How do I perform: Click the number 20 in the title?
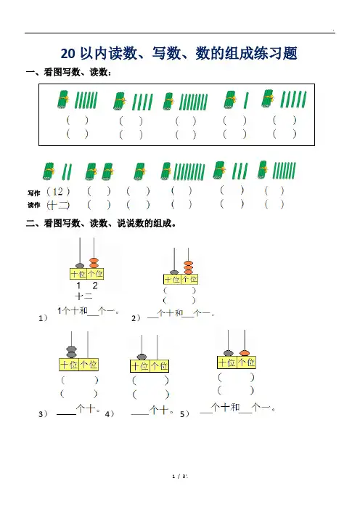click(x=67, y=54)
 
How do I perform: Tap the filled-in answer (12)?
click(x=58, y=192)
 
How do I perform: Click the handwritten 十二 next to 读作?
click(x=58, y=205)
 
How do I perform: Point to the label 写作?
click(x=34, y=193)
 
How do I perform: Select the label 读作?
click(x=34, y=205)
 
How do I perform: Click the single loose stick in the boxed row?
click(x=246, y=100)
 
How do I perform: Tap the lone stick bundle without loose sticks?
click(x=140, y=171)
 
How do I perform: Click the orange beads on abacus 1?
click(x=94, y=263)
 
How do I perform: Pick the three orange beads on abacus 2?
click(x=188, y=267)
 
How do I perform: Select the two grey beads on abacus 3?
click(x=71, y=352)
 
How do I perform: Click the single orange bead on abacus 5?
click(x=245, y=353)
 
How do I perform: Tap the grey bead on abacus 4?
click(x=142, y=357)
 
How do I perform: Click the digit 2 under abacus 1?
click(x=95, y=286)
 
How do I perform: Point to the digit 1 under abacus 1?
click(x=78, y=286)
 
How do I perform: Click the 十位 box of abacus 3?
click(x=69, y=364)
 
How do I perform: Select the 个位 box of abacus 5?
click(x=247, y=363)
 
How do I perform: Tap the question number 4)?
click(x=110, y=414)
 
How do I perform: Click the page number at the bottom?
click(x=180, y=477)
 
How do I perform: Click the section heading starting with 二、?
click(x=102, y=224)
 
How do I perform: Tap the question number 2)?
click(x=136, y=318)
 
